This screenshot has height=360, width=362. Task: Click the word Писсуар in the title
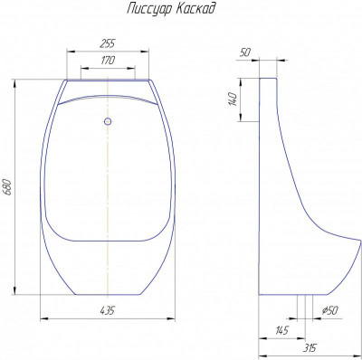[148, 9]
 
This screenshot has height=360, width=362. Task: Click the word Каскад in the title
[195, 8]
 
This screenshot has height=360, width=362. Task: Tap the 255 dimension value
[107, 43]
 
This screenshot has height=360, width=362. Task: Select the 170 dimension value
[108, 61]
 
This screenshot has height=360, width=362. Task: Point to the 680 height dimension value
[8, 187]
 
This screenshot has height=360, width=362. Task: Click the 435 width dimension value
[107, 310]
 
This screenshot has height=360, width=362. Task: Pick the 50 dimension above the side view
[245, 52]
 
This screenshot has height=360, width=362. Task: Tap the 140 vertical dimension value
[233, 99]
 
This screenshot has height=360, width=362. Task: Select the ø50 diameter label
[329, 310]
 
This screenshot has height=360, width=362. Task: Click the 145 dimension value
[282, 330]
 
